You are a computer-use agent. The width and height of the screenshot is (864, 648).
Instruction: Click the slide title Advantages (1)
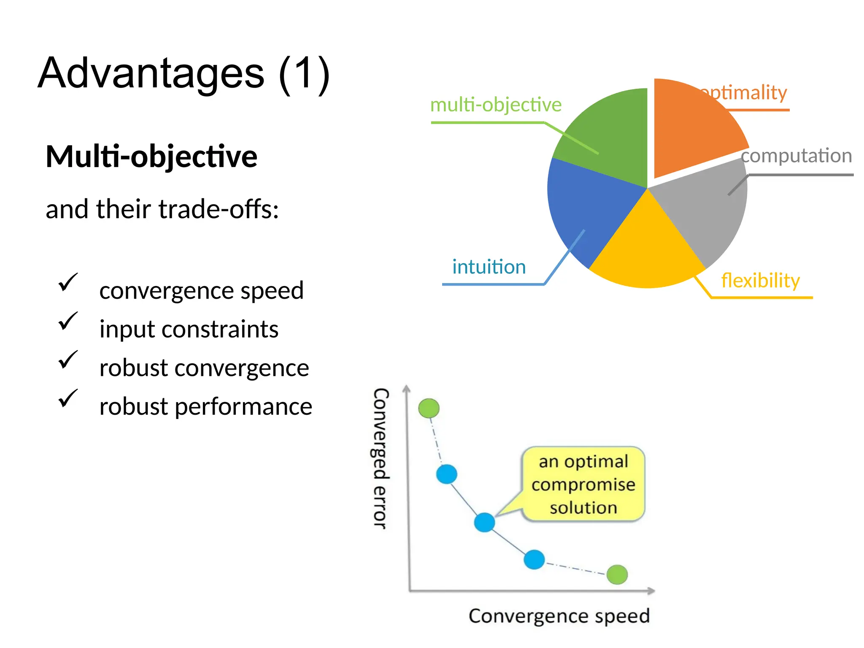click(x=184, y=74)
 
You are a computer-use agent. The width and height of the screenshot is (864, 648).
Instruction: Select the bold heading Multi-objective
click(x=151, y=157)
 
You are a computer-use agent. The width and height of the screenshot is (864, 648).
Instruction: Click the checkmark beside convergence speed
click(x=67, y=282)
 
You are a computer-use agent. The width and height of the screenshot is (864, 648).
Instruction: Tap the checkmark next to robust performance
click(x=67, y=398)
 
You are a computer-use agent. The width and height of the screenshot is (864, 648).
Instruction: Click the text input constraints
click(x=189, y=329)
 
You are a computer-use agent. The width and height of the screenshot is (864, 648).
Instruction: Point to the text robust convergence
click(x=204, y=368)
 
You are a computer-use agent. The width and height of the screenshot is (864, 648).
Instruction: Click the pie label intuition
click(x=489, y=267)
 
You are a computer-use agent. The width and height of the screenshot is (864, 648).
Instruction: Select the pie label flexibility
click(x=760, y=281)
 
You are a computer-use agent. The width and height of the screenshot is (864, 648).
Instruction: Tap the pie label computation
click(x=796, y=156)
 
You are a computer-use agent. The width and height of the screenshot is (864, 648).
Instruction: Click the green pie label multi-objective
click(x=496, y=105)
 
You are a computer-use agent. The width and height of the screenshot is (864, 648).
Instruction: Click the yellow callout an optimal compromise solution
click(x=583, y=484)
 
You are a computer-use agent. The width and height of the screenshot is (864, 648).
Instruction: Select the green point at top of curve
click(x=429, y=408)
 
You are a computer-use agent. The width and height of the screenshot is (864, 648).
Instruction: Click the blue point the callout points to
click(x=484, y=522)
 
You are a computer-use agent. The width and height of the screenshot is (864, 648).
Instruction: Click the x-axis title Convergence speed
click(x=559, y=616)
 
